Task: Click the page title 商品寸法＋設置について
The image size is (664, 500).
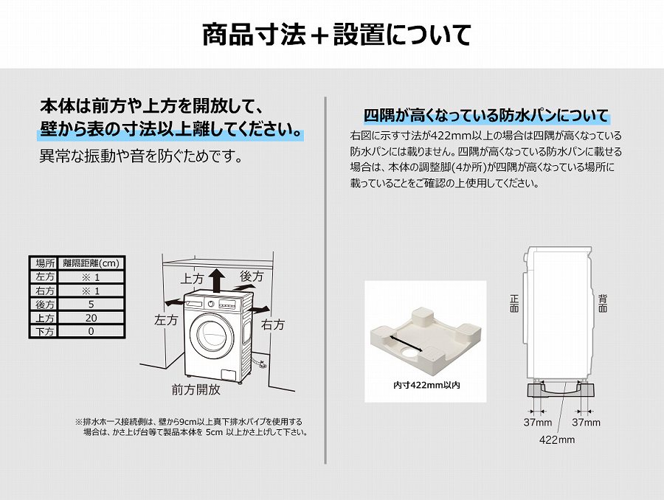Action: click(x=336, y=35)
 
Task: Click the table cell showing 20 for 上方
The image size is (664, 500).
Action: click(x=91, y=318)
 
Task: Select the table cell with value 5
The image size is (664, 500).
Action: click(x=91, y=305)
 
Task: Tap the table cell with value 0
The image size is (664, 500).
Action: click(x=91, y=332)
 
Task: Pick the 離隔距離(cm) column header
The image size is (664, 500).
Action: click(x=91, y=263)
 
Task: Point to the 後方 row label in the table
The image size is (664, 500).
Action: click(x=45, y=305)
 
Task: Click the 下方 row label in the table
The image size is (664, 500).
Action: click(x=45, y=332)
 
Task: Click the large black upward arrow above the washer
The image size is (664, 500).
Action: click(x=218, y=280)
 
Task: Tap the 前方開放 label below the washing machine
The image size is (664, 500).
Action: click(x=196, y=389)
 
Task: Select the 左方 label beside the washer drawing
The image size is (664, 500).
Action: click(x=166, y=320)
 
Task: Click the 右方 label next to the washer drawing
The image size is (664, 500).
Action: click(x=273, y=324)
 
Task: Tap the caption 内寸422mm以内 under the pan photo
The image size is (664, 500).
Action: click(x=426, y=385)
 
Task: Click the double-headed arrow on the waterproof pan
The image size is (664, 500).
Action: click(x=406, y=344)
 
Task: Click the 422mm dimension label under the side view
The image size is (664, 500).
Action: click(x=557, y=440)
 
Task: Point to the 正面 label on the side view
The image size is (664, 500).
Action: click(x=514, y=304)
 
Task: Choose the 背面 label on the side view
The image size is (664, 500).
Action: click(x=603, y=304)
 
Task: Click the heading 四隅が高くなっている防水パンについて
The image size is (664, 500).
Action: click(x=486, y=115)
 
